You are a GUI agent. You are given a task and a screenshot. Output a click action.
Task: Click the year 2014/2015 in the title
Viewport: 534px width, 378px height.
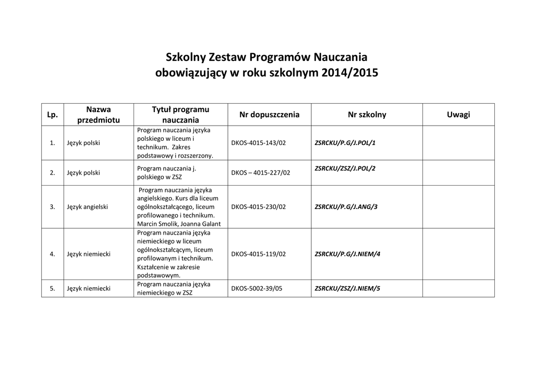[350, 73]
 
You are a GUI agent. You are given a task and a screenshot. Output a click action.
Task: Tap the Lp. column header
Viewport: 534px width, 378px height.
[52, 115]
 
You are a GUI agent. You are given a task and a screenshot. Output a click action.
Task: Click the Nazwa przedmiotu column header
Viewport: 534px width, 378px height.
[99, 115]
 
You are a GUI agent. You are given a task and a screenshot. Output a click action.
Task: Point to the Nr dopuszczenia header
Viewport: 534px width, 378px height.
[269, 115]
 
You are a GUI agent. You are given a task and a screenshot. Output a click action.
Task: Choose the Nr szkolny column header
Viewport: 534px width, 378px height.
[367, 115]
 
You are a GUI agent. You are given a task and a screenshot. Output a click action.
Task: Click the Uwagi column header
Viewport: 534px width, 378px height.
[458, 115]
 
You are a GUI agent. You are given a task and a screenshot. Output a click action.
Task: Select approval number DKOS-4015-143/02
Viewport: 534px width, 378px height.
[259, 142]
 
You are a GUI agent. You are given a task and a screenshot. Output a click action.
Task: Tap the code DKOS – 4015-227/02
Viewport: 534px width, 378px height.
[260, 173]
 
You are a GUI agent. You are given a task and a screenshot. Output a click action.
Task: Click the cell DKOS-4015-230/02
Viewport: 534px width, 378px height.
[259, 207]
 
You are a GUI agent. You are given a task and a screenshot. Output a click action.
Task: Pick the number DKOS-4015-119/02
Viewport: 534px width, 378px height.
[259, 254]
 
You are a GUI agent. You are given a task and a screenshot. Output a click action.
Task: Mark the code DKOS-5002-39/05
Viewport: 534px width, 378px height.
[257, 288]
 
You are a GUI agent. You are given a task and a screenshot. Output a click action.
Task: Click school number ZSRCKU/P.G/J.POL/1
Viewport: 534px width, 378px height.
[345, 142]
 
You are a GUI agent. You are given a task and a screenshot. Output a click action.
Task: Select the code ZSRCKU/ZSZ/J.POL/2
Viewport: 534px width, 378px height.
[345, 168]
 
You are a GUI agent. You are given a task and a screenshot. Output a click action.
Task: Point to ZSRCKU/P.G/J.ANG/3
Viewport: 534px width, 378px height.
[346, 207]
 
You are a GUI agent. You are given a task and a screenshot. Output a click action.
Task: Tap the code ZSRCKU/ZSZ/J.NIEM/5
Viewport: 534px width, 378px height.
[348, 288]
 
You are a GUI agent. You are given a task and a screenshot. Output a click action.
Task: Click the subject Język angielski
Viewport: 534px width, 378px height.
[88, 207]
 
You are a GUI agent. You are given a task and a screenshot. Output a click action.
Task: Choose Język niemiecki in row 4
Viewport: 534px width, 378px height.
[89, 254]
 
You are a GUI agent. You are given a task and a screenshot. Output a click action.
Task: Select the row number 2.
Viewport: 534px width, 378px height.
[52, 173]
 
